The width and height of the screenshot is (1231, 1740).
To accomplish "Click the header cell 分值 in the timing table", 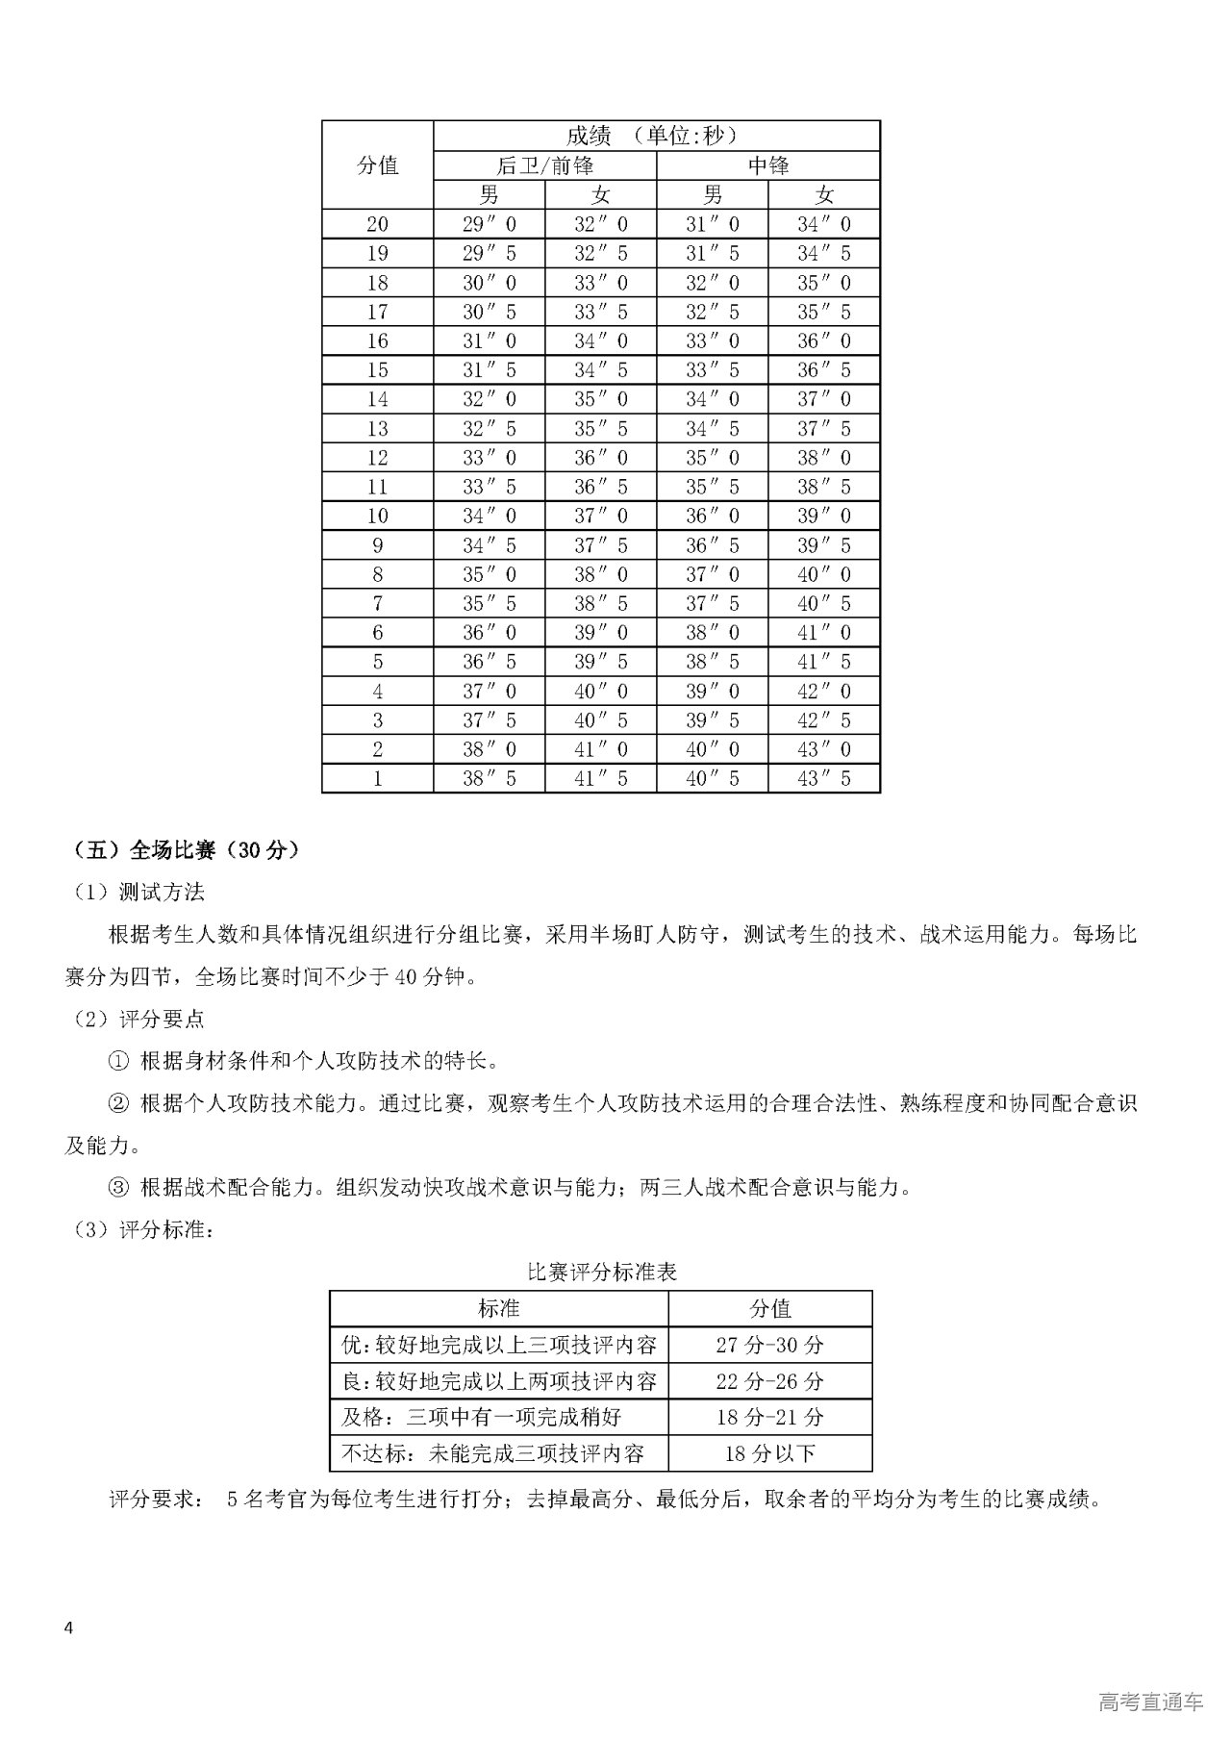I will [x=377, y=165].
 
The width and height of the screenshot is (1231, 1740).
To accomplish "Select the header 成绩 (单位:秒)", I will [x=656, y=136].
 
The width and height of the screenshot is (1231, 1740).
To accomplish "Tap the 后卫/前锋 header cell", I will [x=544, y=165].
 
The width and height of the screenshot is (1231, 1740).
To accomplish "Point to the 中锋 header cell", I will [x=767, y=165].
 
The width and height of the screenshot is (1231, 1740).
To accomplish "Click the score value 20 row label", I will [x=377, y=224].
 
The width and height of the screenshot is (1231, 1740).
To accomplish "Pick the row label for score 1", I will [x=377, y=778].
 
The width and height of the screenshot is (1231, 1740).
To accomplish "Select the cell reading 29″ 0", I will [x=489, y=224].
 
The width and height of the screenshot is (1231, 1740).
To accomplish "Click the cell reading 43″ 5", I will [x=823, y=778].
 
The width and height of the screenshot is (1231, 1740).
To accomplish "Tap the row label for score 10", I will [x=377, y=516].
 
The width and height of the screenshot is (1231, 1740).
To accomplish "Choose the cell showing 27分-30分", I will [x=769, y=1345].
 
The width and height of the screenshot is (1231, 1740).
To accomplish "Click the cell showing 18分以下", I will [x=769, y=1452].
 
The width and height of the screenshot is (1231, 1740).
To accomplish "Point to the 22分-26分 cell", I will [x=769, y=1381].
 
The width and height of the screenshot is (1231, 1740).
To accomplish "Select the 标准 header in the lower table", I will [x=498, y=1308].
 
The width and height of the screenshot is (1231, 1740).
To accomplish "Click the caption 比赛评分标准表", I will [x=602, y=1272].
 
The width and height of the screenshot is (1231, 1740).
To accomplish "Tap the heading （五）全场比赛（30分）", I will [x=187, y=850].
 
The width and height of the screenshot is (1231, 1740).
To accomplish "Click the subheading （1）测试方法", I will [x=138, y=892].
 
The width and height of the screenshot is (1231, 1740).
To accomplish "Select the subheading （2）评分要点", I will [x=138, y=1019].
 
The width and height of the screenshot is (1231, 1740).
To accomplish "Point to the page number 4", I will [x=67, y=1627].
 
